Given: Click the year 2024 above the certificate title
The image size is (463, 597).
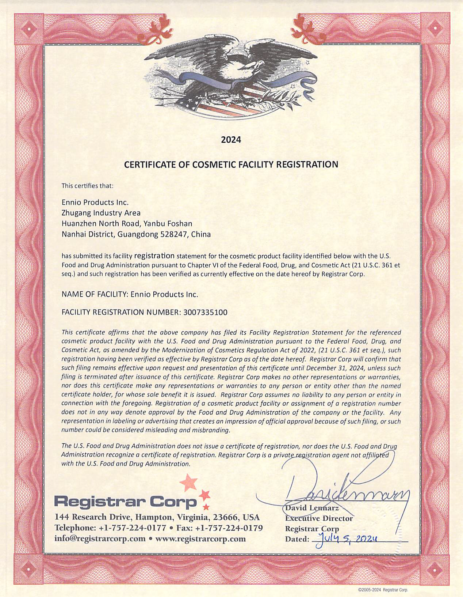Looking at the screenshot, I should pos(231,139).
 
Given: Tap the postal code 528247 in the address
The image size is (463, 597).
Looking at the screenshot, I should pos(174,234).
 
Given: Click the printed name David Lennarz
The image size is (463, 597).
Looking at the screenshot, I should pos(312,508).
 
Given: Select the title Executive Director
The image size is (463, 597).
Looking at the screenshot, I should pos(319,518).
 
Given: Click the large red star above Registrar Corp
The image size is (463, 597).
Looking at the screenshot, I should pos(189,482).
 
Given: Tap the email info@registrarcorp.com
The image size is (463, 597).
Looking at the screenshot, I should pos(100,539).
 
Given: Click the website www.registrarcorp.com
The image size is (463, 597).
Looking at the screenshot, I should pos(200,539).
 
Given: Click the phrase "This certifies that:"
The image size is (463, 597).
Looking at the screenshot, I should pos(88,185).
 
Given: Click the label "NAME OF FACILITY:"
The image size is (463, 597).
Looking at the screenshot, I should pos(94,294).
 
